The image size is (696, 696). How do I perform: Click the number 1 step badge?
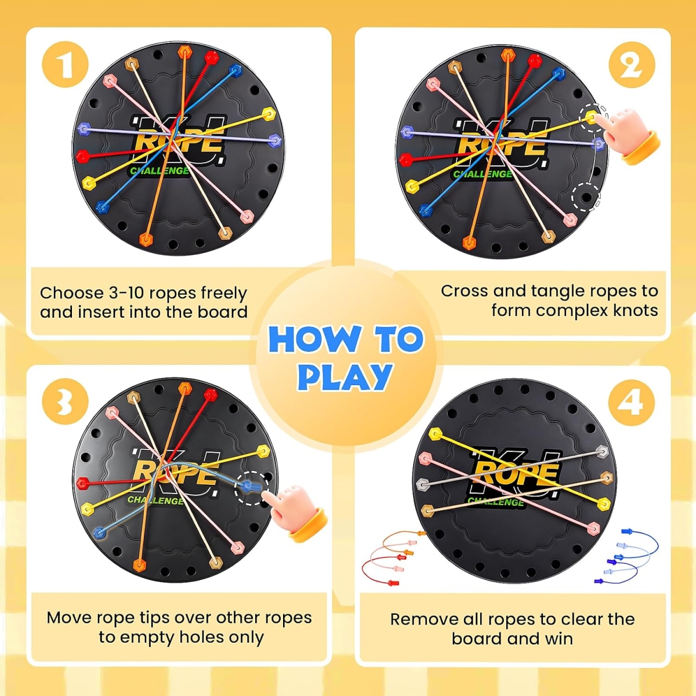pos(65,64)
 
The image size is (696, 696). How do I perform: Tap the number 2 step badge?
pos(632,64)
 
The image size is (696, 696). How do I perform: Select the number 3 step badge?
pos(65,401)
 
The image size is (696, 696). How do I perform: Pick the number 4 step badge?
pos(632,401)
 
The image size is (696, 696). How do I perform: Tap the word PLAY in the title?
pos(345,377)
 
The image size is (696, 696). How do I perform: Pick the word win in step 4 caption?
pos(560,639)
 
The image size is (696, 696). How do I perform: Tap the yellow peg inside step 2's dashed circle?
pos(591,117)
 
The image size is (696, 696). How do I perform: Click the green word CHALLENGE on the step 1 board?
pos(159,171)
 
